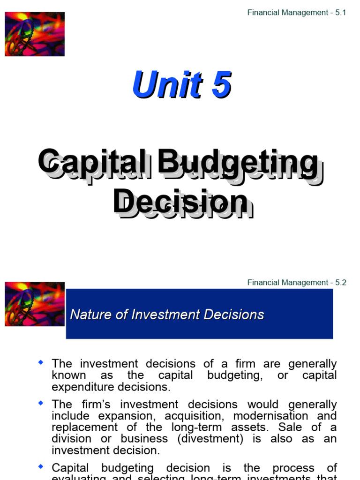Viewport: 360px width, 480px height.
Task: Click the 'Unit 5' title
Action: coord(182,85)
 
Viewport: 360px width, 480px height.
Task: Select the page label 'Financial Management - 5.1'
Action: coord(296,13)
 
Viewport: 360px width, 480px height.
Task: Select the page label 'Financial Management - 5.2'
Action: coord(296,283)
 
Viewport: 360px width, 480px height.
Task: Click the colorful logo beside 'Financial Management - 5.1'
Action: coord(35,34)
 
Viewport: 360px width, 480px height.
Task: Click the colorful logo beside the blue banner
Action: coord(35,304)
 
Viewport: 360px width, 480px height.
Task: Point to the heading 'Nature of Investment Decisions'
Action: coord(167,315)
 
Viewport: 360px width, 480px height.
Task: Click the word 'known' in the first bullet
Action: coord(69,375)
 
